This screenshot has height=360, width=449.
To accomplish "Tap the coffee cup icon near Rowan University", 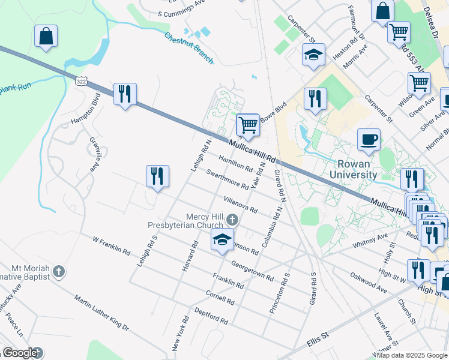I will click(x=369, y=140).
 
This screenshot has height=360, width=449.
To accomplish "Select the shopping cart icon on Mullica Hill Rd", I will click(x=248, y=125).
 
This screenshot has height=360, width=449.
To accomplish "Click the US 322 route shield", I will click(x=81, y=80).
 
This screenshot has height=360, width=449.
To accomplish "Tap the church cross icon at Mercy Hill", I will click(x=233, y=220).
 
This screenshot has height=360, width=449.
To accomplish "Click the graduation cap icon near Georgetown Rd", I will click(x=222, y=241).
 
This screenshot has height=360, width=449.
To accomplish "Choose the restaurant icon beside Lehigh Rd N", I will click(x=157, y=176).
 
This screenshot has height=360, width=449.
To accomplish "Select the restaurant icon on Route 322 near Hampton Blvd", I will click(x=125, y=94).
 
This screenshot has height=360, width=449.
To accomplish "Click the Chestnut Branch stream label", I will click(x=189, y=47).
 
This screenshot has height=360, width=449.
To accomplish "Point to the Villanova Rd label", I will click(x=240, y=205).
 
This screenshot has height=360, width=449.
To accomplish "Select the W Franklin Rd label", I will click(x=111, y=245).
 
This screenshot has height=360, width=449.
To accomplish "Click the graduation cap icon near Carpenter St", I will click(x=313, y=55).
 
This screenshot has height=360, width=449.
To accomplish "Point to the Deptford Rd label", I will click(x=211, y=316).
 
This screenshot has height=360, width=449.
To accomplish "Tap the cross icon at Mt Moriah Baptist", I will click(x=58, y=271).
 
